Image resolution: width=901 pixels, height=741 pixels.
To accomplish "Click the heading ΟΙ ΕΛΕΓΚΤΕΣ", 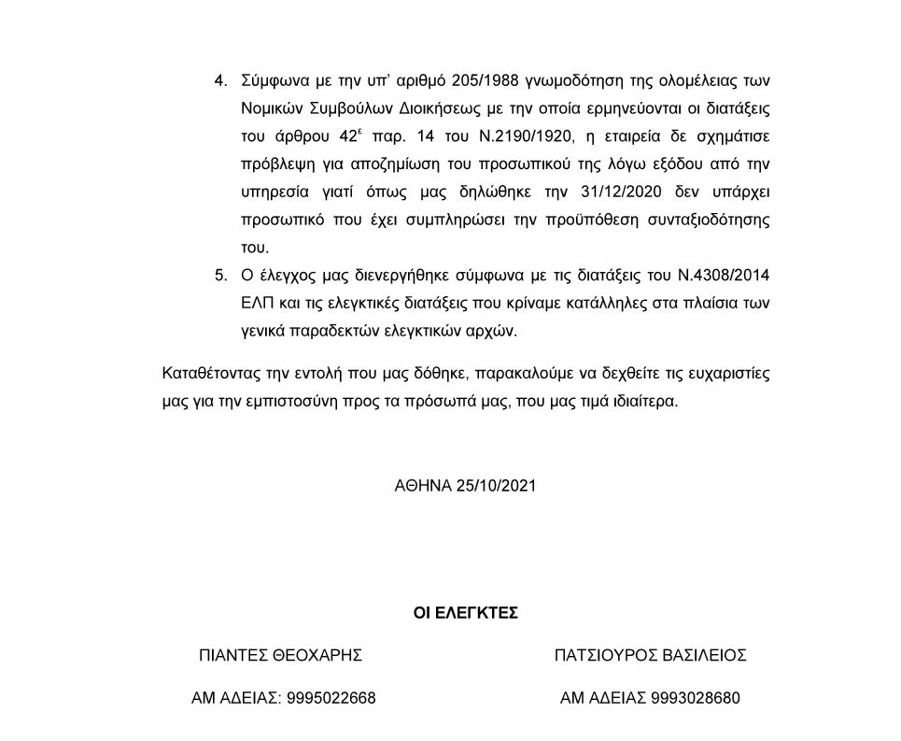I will [x=465, y=613].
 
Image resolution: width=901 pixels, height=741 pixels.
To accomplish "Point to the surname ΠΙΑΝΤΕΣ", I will [x=232, y=655].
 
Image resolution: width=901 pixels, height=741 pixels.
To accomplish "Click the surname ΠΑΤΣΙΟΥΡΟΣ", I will [x=602, y=655].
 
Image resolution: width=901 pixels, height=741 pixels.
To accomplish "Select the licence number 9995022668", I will [x=331, y=698].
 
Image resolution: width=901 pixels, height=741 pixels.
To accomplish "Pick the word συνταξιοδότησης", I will [x=711, y=221].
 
